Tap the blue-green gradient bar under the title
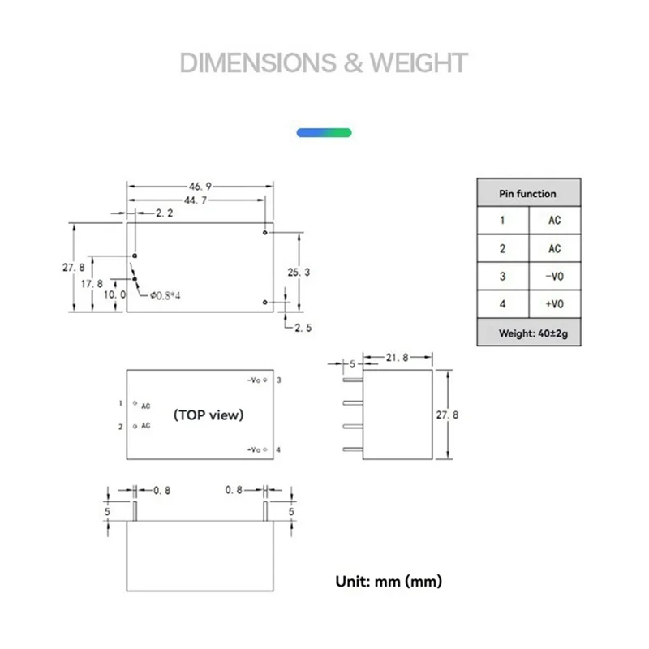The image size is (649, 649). tap(324, 131)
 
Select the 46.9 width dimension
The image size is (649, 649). tap(200, 186)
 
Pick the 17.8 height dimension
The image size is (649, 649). tap(92, 283)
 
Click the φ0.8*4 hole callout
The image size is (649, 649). tap(165, 295)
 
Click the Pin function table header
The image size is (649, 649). tap(528, 194)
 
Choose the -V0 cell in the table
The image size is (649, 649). tap(554, 277)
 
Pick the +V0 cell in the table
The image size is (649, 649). tap(554, 304)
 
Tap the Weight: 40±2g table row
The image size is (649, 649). tap(528, 333)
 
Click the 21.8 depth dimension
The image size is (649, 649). tap(397, 358)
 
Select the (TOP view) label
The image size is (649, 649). tap(208, 415)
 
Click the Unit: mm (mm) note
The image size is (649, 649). tap(389, 581)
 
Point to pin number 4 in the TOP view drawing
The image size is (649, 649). tap(278, 449)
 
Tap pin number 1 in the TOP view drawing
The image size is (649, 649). tap(119, 402)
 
